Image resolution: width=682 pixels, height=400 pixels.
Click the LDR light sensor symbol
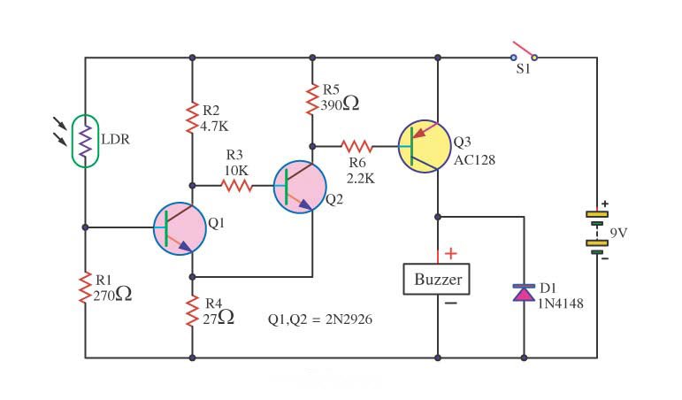tap(85, 140)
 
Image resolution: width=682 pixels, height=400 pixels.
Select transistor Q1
tap(179, 228)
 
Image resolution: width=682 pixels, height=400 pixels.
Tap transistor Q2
tap(300, 187)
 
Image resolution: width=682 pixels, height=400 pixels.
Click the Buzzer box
tap(438, 280)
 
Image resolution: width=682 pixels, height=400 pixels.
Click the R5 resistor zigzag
tap(311, 98)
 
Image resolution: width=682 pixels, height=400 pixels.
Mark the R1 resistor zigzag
tap(86, 288)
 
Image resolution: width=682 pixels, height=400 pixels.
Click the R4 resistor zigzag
tap(192, 312)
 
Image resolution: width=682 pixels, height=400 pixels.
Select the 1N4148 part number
tap(561, 304)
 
